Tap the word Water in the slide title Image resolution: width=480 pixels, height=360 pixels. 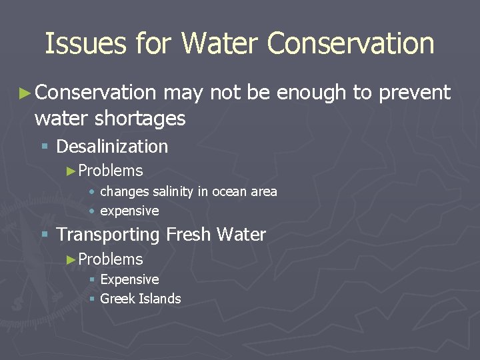coord(219,44)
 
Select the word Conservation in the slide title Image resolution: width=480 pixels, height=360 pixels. coord(350,44)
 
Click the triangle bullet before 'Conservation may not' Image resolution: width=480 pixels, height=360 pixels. coord(25,93)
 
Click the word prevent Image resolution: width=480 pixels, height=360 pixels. coord(415,93)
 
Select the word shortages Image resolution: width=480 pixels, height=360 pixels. coord(140,119)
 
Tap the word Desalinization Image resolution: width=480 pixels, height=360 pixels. coord(112,146)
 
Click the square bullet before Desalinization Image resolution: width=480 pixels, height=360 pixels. coord(44,147)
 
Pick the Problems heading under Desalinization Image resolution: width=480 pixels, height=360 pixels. coord(111,171)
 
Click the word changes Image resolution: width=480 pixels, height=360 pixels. coord(125,192)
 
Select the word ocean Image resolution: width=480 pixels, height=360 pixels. coord(228,192)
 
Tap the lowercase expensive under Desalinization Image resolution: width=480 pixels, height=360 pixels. coord(129,211)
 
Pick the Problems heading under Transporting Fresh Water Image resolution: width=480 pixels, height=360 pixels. coord(111,259)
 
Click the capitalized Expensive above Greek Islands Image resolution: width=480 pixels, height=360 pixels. coord(129,279)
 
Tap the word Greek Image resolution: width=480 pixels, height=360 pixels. coord(116,299)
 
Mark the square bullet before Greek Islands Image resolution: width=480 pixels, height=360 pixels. coord(92,299)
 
